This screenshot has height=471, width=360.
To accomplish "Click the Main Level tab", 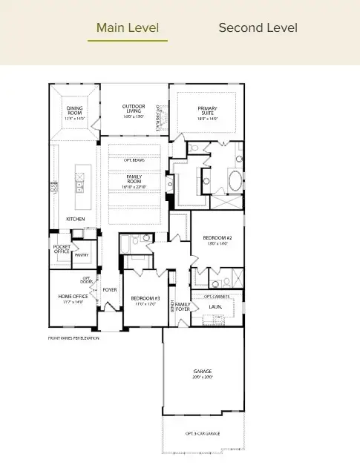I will (127, 28).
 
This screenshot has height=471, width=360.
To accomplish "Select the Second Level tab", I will (258, 28).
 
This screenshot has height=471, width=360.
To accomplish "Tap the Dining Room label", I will (74, 113).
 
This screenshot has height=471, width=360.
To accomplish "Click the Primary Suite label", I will (207, 113).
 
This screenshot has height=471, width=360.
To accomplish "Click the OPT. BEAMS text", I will (134, 160).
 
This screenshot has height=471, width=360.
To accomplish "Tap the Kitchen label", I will (75, 220).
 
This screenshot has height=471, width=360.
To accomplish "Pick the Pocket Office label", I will (62, 248).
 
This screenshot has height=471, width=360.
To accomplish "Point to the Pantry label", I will (82, 254).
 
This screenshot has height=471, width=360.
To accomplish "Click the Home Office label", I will (73, 299).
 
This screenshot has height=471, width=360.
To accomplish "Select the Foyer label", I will (110, 290).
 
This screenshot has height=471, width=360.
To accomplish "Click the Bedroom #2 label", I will (217, 240).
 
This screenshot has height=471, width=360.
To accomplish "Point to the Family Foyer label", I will (183, 307).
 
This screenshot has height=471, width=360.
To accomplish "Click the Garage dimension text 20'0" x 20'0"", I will (202, 377).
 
